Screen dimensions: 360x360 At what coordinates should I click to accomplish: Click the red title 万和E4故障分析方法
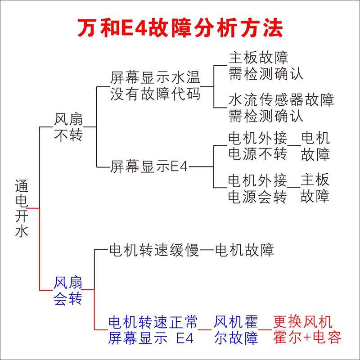pyautogui.click(x=180, y=28)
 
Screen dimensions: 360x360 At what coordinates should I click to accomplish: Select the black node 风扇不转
pyautogui.click(x=68, y=127)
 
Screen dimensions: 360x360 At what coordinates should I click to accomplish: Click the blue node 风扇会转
pyautogui.click(x=68, y=291)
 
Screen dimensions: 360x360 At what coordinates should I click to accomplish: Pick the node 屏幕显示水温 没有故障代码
pyautogui.click(x=155, y=85)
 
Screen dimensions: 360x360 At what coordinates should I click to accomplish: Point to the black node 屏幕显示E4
pyautogui.click(x=149, y=166)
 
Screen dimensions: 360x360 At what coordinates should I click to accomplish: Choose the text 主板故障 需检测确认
pyautogui.click(x=265, y=65)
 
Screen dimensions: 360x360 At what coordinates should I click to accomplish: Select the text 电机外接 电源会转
pyautogui.click(x=257, y=188)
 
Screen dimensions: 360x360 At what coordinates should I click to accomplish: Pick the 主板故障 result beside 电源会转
pyautogui.click(x=315, y=188)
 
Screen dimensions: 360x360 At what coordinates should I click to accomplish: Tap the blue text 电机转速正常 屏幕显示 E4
pyautogui.click(x=153, y=330)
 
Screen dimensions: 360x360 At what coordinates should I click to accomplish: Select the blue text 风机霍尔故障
pyautogui.click(x=236, y=330)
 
